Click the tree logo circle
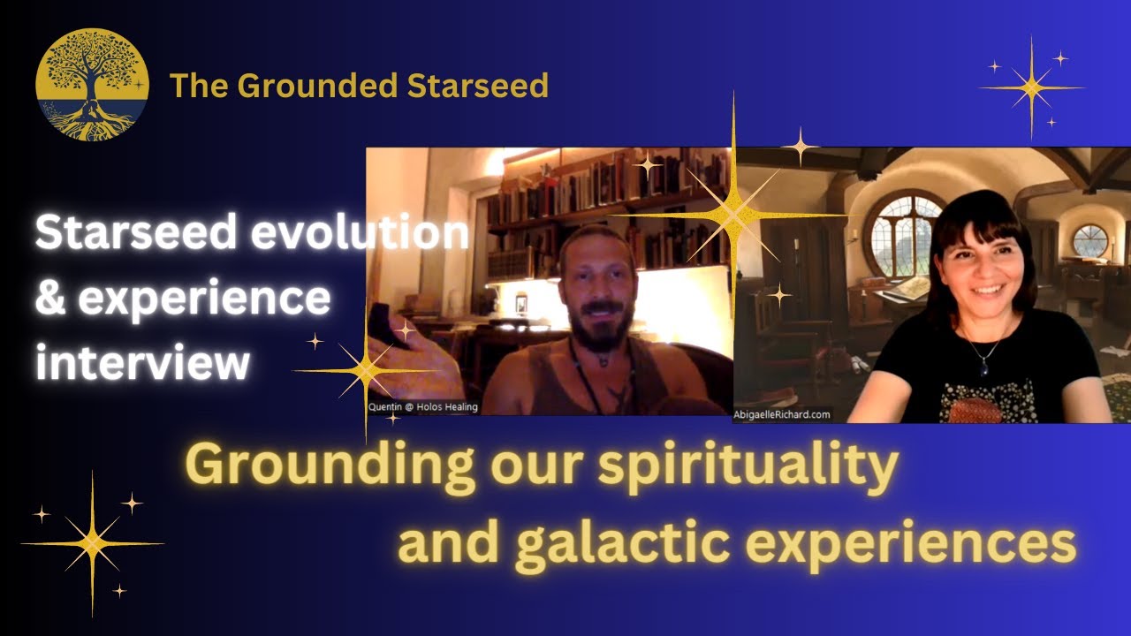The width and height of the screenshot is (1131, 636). pyautogui.click(x=92, y=85)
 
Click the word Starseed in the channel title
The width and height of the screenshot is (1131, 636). pyautogui.click(x=482, y=86)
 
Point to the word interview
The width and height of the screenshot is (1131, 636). pyautogui.click(x=141, y=362)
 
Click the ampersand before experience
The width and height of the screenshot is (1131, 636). pyautogui.click(x=51, y=299)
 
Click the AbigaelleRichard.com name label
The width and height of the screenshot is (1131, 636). pyautogui.click(x=783, y=413)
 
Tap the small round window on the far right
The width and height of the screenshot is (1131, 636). pyautogui.click(x=1090, y=240)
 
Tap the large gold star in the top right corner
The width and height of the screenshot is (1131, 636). pyautogui.click(x=1030, y=87)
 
